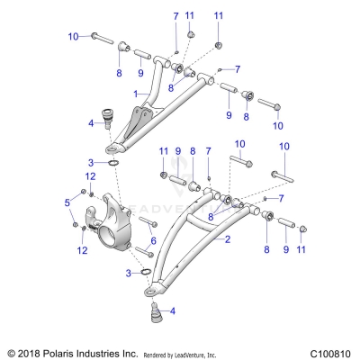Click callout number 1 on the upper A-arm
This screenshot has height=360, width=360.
point(136,94)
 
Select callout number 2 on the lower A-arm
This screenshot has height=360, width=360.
point(228,238)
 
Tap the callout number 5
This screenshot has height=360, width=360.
point(67,203)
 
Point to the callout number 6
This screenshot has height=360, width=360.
point(154,240)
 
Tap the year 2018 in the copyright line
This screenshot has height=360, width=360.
point(30,353)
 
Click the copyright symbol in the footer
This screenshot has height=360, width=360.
point(11,353)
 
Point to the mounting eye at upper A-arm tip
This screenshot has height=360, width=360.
point(114,148)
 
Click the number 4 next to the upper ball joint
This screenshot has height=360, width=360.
point(91,121)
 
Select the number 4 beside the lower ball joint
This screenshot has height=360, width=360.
point(172,310)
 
